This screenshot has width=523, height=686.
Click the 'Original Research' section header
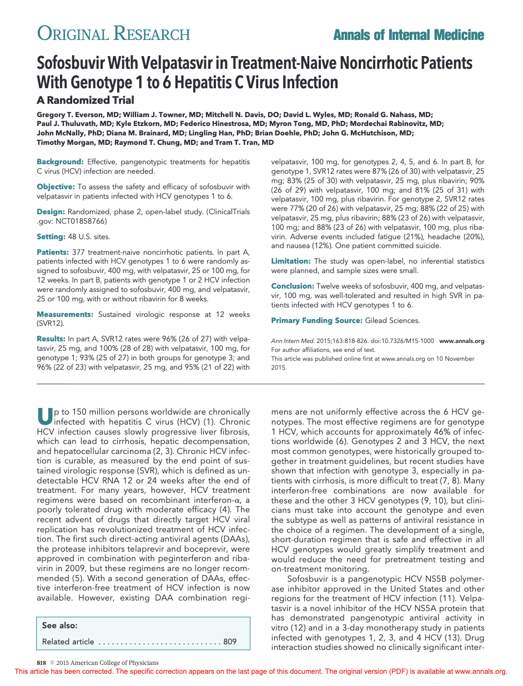(x=113, y=34)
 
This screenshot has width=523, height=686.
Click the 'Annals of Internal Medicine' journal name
(x=409, y=36)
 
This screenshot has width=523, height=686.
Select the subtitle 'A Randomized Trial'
(x=85, y=100)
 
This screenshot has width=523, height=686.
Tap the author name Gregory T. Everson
(x=70, y=114)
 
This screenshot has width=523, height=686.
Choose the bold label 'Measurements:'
(x=65, y=314)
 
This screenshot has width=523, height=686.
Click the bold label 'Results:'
(x=51, y=339)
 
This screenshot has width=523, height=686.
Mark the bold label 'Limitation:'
(x=291, y=261)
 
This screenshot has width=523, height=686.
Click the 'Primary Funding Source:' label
(x=316, y=320)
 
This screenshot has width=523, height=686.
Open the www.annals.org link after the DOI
(x=461, y=341)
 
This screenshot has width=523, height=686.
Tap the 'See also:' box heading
(x=60, y=626)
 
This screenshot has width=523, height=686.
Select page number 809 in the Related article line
(x=230, y=642)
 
